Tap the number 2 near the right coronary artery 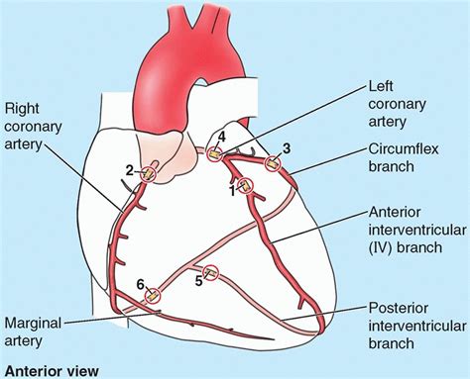coord(129,170)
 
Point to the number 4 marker coord(222,136)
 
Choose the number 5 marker coord(197,280)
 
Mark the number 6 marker coord(141,282)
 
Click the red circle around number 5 coord(210,273)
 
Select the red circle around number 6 coord(153,293)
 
